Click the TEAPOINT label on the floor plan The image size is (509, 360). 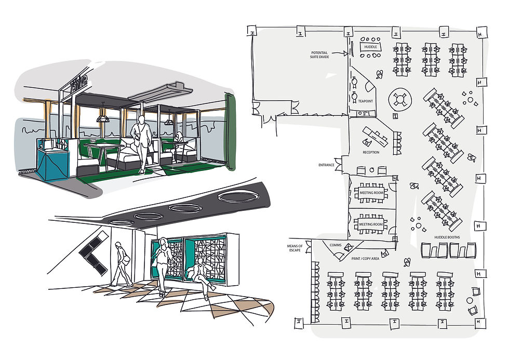click(x=366, y=101)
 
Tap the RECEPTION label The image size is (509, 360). click(x=371, y=152)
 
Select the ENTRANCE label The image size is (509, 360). click(x=326, y=165)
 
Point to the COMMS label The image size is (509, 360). click(x=335, y=245)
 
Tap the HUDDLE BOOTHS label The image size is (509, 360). click(x=448, y=237)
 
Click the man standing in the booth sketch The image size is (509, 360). click(x=141, y=143)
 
